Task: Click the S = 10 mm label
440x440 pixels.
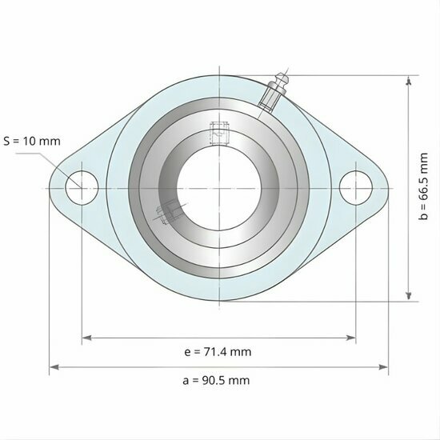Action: click(x=32, y=142)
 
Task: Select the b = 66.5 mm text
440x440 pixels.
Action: click(x=424, y=189)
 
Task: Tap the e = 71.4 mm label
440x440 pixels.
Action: click(x=218, y=352)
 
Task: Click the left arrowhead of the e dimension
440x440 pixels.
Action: click(x=85, y=338)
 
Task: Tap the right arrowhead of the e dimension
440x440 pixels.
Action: click(x=352, y=338)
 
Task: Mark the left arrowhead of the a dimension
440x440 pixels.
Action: click(x=53, y=367)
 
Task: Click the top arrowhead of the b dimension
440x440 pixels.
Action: click(x=410, y=80)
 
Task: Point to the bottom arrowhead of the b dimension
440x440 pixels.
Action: click(x=410, y=297)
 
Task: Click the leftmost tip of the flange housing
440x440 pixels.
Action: click(x=50, y=188)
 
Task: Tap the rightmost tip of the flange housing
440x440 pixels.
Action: click(x=388, y=188)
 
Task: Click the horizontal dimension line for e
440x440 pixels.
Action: click(x=160, y=338)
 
